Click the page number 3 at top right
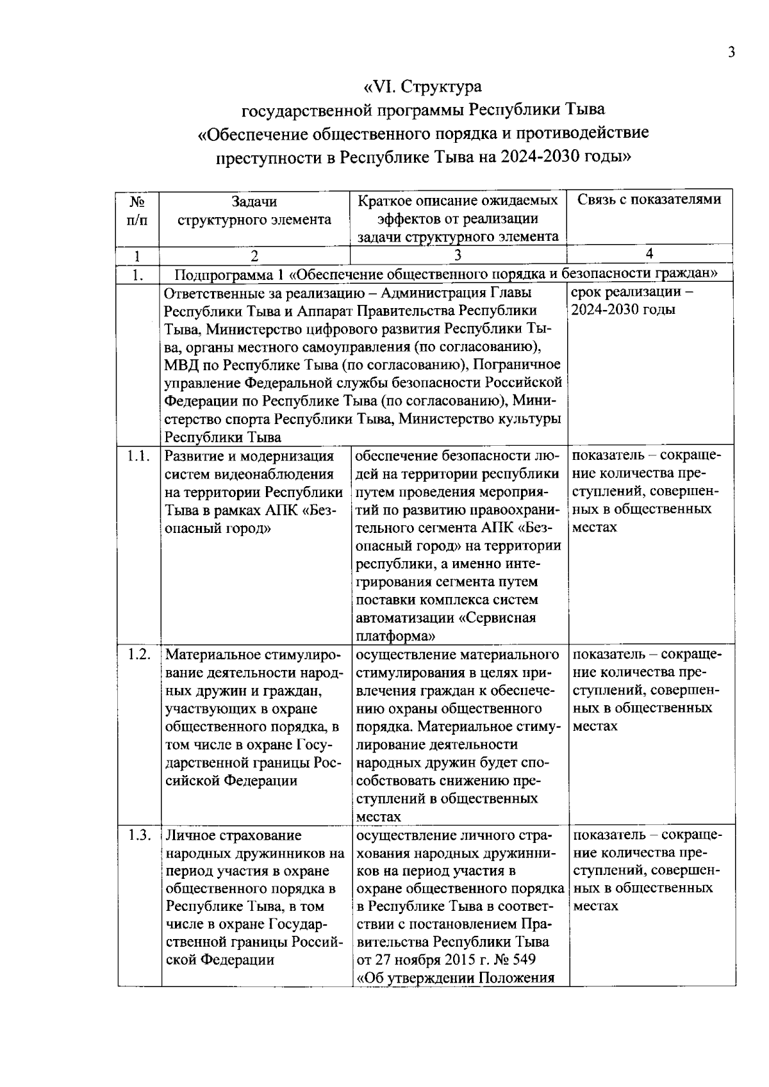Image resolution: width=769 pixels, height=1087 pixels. point(731,53)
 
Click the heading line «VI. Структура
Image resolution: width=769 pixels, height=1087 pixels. point(422,86)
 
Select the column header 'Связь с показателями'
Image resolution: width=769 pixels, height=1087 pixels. point(649,200)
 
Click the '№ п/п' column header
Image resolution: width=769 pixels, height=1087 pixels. point(136,210)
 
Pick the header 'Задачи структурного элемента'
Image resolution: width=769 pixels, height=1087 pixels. point(254,210)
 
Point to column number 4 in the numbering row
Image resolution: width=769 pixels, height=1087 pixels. point(649,254)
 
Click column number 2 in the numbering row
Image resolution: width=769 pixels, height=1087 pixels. point(254,256)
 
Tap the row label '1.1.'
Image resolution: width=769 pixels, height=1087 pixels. point(138,456)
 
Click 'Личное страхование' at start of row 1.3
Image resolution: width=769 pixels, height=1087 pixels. point(233,835)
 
